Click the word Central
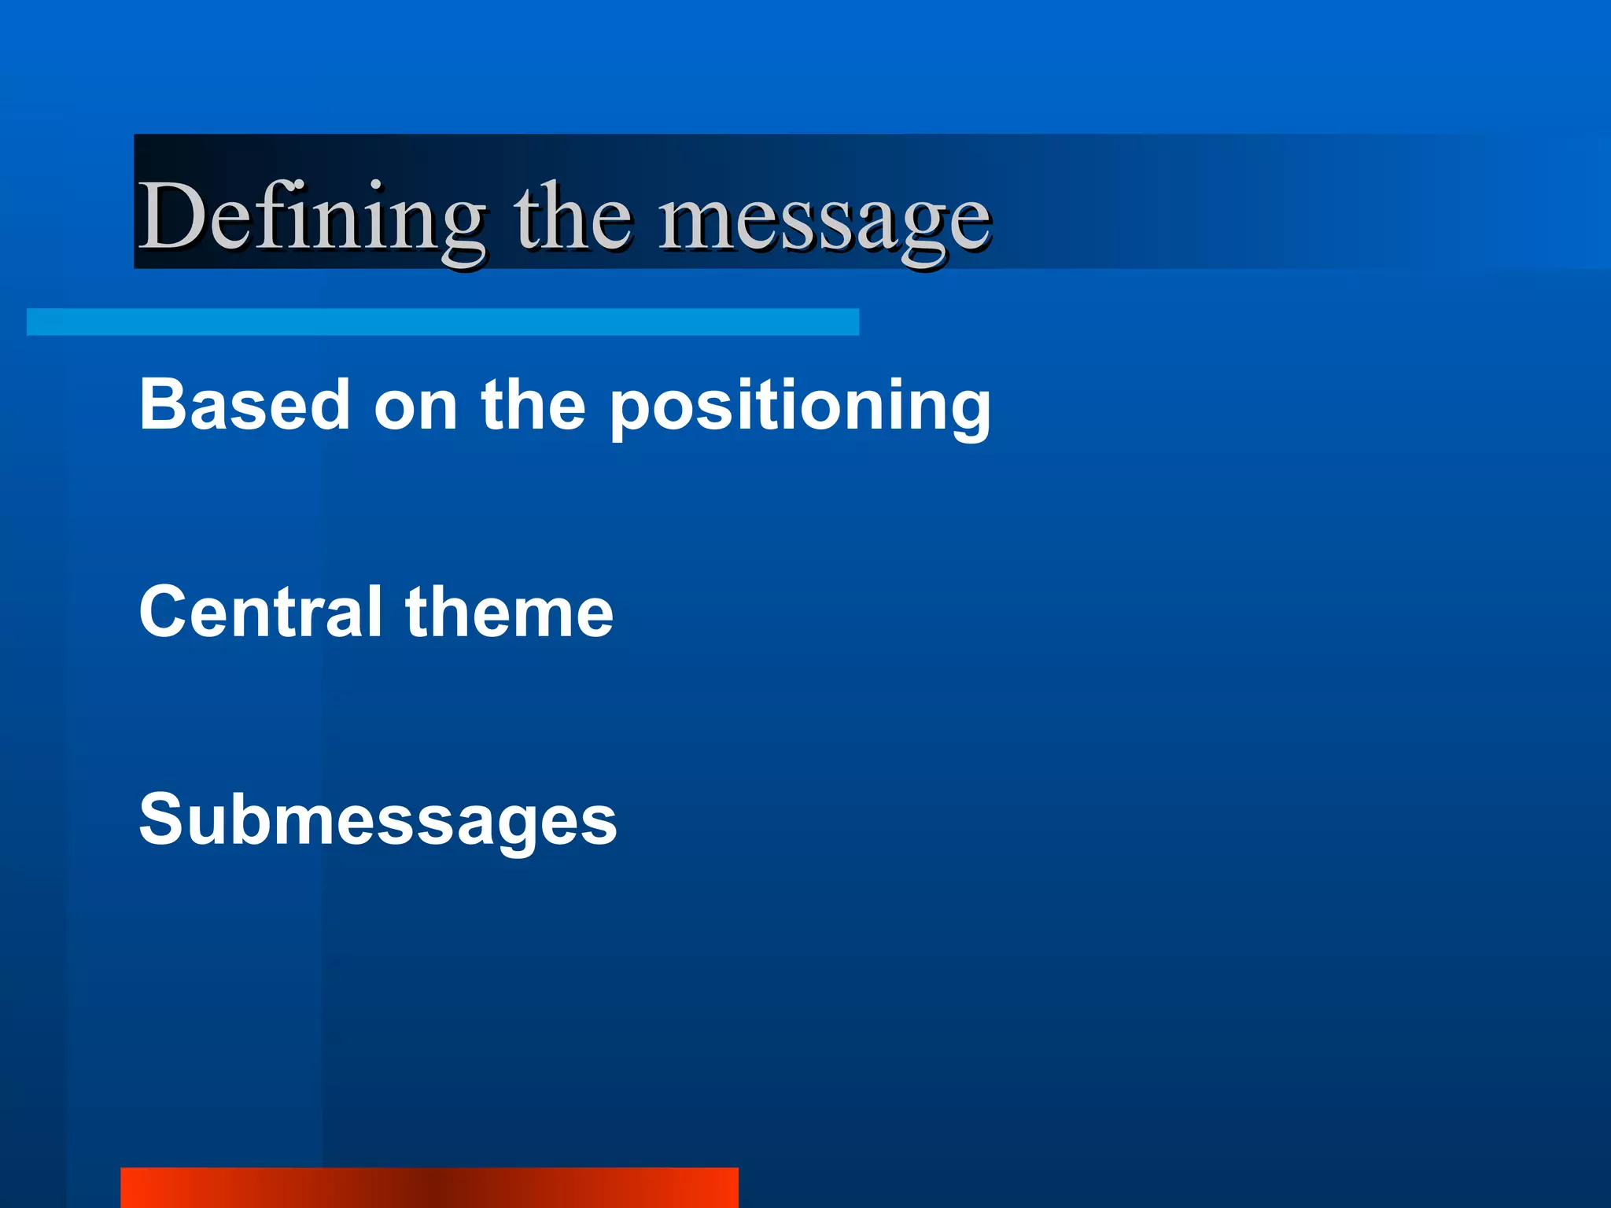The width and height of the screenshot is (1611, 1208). tap(260, 611)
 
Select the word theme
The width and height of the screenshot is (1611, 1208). tap(509, 611)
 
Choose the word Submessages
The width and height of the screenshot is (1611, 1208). tap(378, 820)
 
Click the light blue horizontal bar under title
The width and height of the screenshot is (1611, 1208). tap(442, 322)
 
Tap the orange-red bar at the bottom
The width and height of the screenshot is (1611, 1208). tap(429, 1188)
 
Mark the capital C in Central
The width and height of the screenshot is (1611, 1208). tap(164, 611)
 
